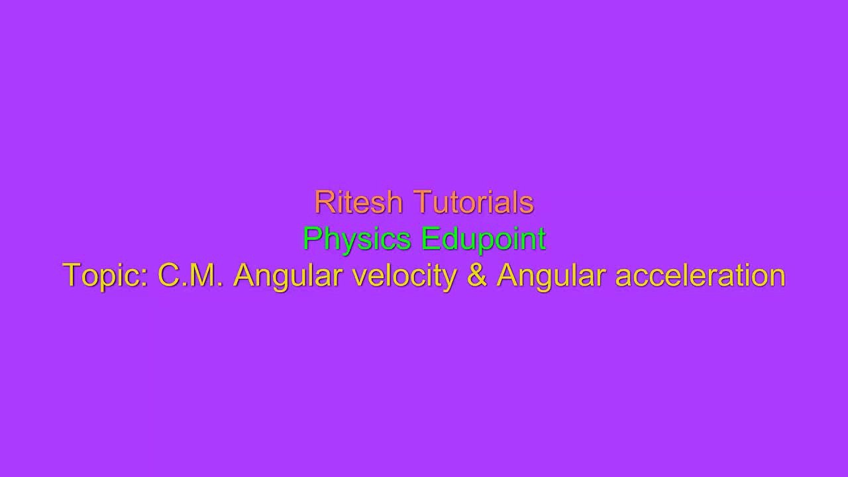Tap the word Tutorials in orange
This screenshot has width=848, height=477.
[473, 202]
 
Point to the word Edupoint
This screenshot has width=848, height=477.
[484, 238]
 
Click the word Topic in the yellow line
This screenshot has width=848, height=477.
[105, 276]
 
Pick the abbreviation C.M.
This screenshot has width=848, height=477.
[191, 275]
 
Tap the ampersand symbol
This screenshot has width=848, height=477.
[476, 275]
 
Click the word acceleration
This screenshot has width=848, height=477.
[700, 275]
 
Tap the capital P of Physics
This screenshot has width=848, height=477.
[311, 238]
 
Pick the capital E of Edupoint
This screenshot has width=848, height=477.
[429, 238]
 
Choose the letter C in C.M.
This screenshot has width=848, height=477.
[168, 275]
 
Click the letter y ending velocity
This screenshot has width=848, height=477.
[450, 278]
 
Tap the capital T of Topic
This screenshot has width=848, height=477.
[71, 275]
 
